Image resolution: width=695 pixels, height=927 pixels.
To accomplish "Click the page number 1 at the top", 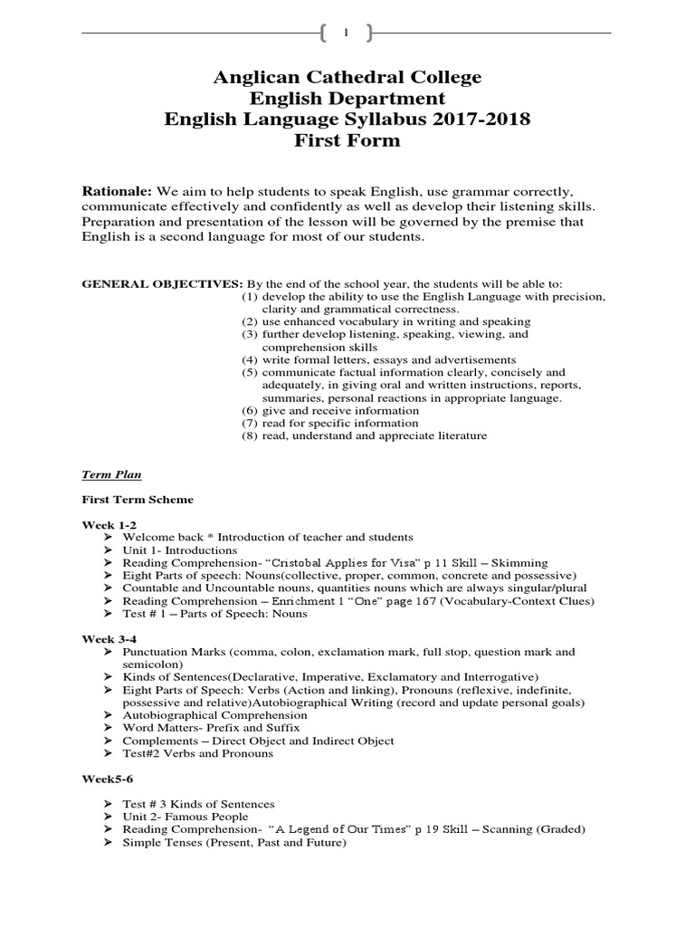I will tap(347, 33).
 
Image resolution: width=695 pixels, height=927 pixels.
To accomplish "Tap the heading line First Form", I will tap(347, 141).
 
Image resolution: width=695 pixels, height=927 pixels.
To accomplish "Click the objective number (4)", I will tap(250, 359).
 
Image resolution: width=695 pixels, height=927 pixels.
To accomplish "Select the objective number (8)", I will tap(250, 435).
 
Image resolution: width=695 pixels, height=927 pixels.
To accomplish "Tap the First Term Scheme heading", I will tap(138, 499).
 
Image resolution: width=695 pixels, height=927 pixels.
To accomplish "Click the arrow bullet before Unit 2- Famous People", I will tap(109, 817).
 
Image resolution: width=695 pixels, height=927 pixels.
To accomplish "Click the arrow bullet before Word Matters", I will tap(109, 728).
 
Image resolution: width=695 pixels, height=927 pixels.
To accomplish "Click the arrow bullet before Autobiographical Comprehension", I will tap(109, 715).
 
